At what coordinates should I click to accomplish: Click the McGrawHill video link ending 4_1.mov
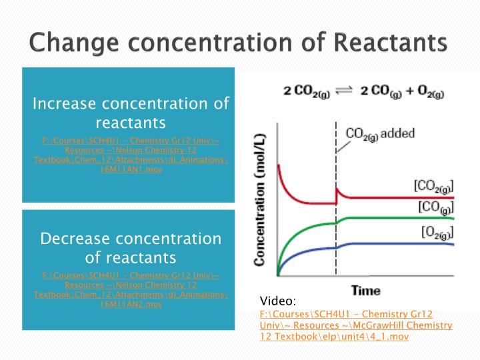pos(356,325)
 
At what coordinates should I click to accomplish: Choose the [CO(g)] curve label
pos(436,207)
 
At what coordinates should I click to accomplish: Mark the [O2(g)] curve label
pos(436,232)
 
